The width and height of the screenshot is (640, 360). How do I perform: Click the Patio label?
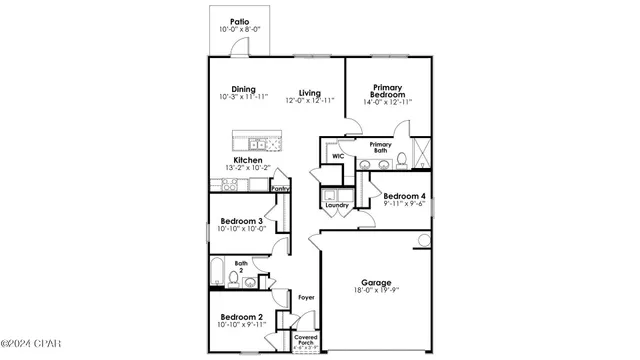239,21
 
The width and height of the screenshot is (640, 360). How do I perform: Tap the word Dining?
244,88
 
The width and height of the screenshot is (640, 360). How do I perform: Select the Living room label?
309,93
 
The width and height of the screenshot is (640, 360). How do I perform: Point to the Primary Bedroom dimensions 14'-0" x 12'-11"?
387,102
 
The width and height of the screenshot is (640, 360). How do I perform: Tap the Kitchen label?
247,160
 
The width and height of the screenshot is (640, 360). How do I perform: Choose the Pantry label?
281,188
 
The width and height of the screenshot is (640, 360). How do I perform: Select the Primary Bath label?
380,148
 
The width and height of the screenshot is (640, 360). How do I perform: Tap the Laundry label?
336,205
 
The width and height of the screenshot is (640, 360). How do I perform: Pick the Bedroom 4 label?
405,196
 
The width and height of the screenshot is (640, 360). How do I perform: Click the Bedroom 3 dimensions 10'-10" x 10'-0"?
240,229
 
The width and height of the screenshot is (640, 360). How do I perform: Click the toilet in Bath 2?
235,277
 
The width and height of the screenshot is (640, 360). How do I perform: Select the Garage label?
376,283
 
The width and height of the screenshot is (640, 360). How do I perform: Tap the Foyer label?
307,297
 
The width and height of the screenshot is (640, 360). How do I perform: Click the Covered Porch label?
306,342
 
